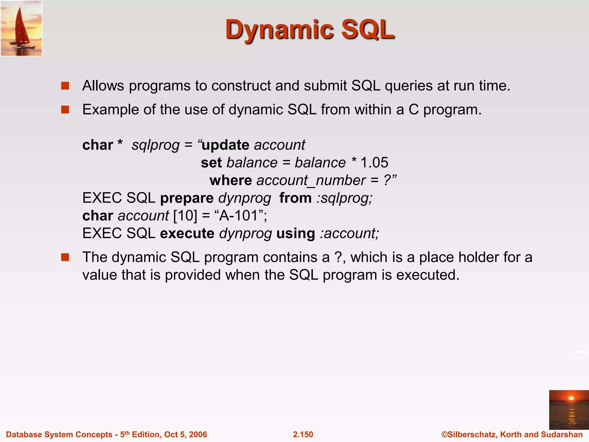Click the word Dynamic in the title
click(x=280, y=30)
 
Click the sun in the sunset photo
click(x=571, y=398)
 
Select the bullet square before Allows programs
click(x=65, y=86)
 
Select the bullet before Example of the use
click(x=65, y=110)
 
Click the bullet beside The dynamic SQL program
click(x=65, y=257)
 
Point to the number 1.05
click(x=374, y=163)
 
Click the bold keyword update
click(x=225, y=145)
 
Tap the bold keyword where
click(x=231, y=180)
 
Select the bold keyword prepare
click(x=187, y=198)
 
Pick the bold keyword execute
click(x=187, y=233)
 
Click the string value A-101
click(x=238, y=216)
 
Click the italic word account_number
click(x=311, y=181)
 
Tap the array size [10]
click(x=185, y=216)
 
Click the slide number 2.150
click(x=303, y=435)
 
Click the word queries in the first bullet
click(x=408, y=86)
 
